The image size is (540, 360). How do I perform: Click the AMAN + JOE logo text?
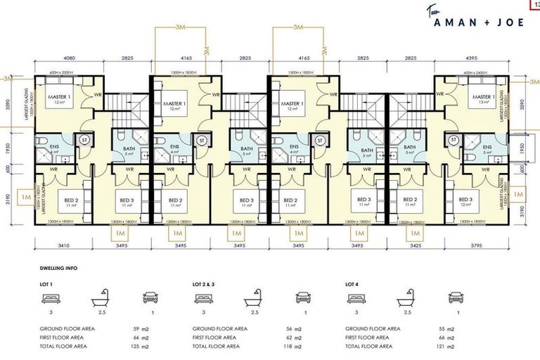tap(479, 21)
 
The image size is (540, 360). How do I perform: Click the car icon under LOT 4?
tap(457, 299)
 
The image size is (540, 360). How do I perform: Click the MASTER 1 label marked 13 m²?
tap(482, 101)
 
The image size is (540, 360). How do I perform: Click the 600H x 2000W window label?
tap(61, 73)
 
